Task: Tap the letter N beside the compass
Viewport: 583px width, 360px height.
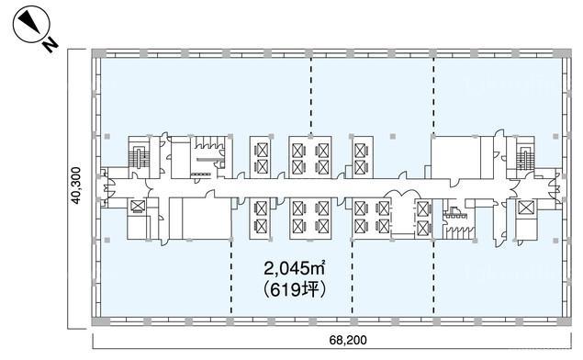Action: tap(50, 44)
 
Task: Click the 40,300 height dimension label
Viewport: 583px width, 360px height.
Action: tap(76, 186)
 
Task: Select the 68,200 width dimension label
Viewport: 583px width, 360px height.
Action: tap(348, 340)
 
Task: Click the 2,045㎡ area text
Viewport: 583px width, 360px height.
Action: tap(294, 268)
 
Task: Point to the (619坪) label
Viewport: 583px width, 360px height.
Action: tap(294, 290)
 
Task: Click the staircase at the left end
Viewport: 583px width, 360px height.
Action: tap(139, 156)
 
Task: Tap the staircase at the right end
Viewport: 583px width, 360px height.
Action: tap(524, 157)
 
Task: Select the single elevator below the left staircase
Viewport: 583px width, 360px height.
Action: tap(137, 207)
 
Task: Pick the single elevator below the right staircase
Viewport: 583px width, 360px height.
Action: tap(526, 208)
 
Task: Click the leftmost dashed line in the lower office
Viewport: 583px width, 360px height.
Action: tap(231, 278)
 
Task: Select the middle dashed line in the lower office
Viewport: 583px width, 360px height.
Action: tap(353, 278)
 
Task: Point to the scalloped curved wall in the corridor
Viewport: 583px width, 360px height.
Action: tap(402, 194)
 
